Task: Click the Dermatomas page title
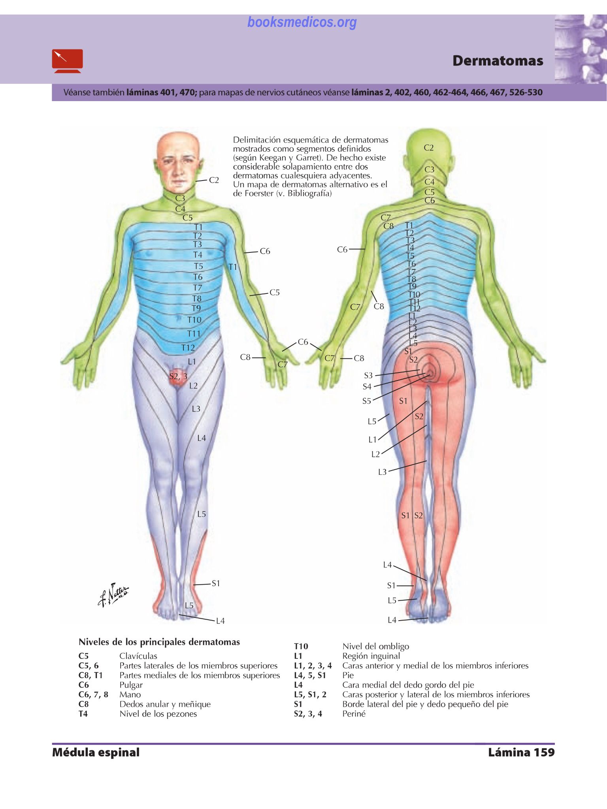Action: pos(498,61)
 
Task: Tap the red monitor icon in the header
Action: pos(68,61)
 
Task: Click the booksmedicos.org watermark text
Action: pos(302,23)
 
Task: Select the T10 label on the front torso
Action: pos(194,320)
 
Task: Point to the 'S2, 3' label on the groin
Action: pos(178,376)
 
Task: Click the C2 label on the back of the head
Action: pos(429,148)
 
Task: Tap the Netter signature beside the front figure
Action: pos(113,595)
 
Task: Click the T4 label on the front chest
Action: pos(198,255)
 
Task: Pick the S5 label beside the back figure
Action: pos(367,401)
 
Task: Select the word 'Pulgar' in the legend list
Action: pos(131,685)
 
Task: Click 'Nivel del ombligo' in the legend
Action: pos(375,646)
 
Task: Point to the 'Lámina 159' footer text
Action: pos(521,752)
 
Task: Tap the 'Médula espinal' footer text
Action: pos(96,752)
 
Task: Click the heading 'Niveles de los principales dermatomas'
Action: pos(159,642)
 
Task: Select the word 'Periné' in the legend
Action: pos(354,714)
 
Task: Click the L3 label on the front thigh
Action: pos(196,409)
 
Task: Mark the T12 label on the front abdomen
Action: pos(188,348)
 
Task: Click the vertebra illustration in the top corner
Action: pos(581,49)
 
